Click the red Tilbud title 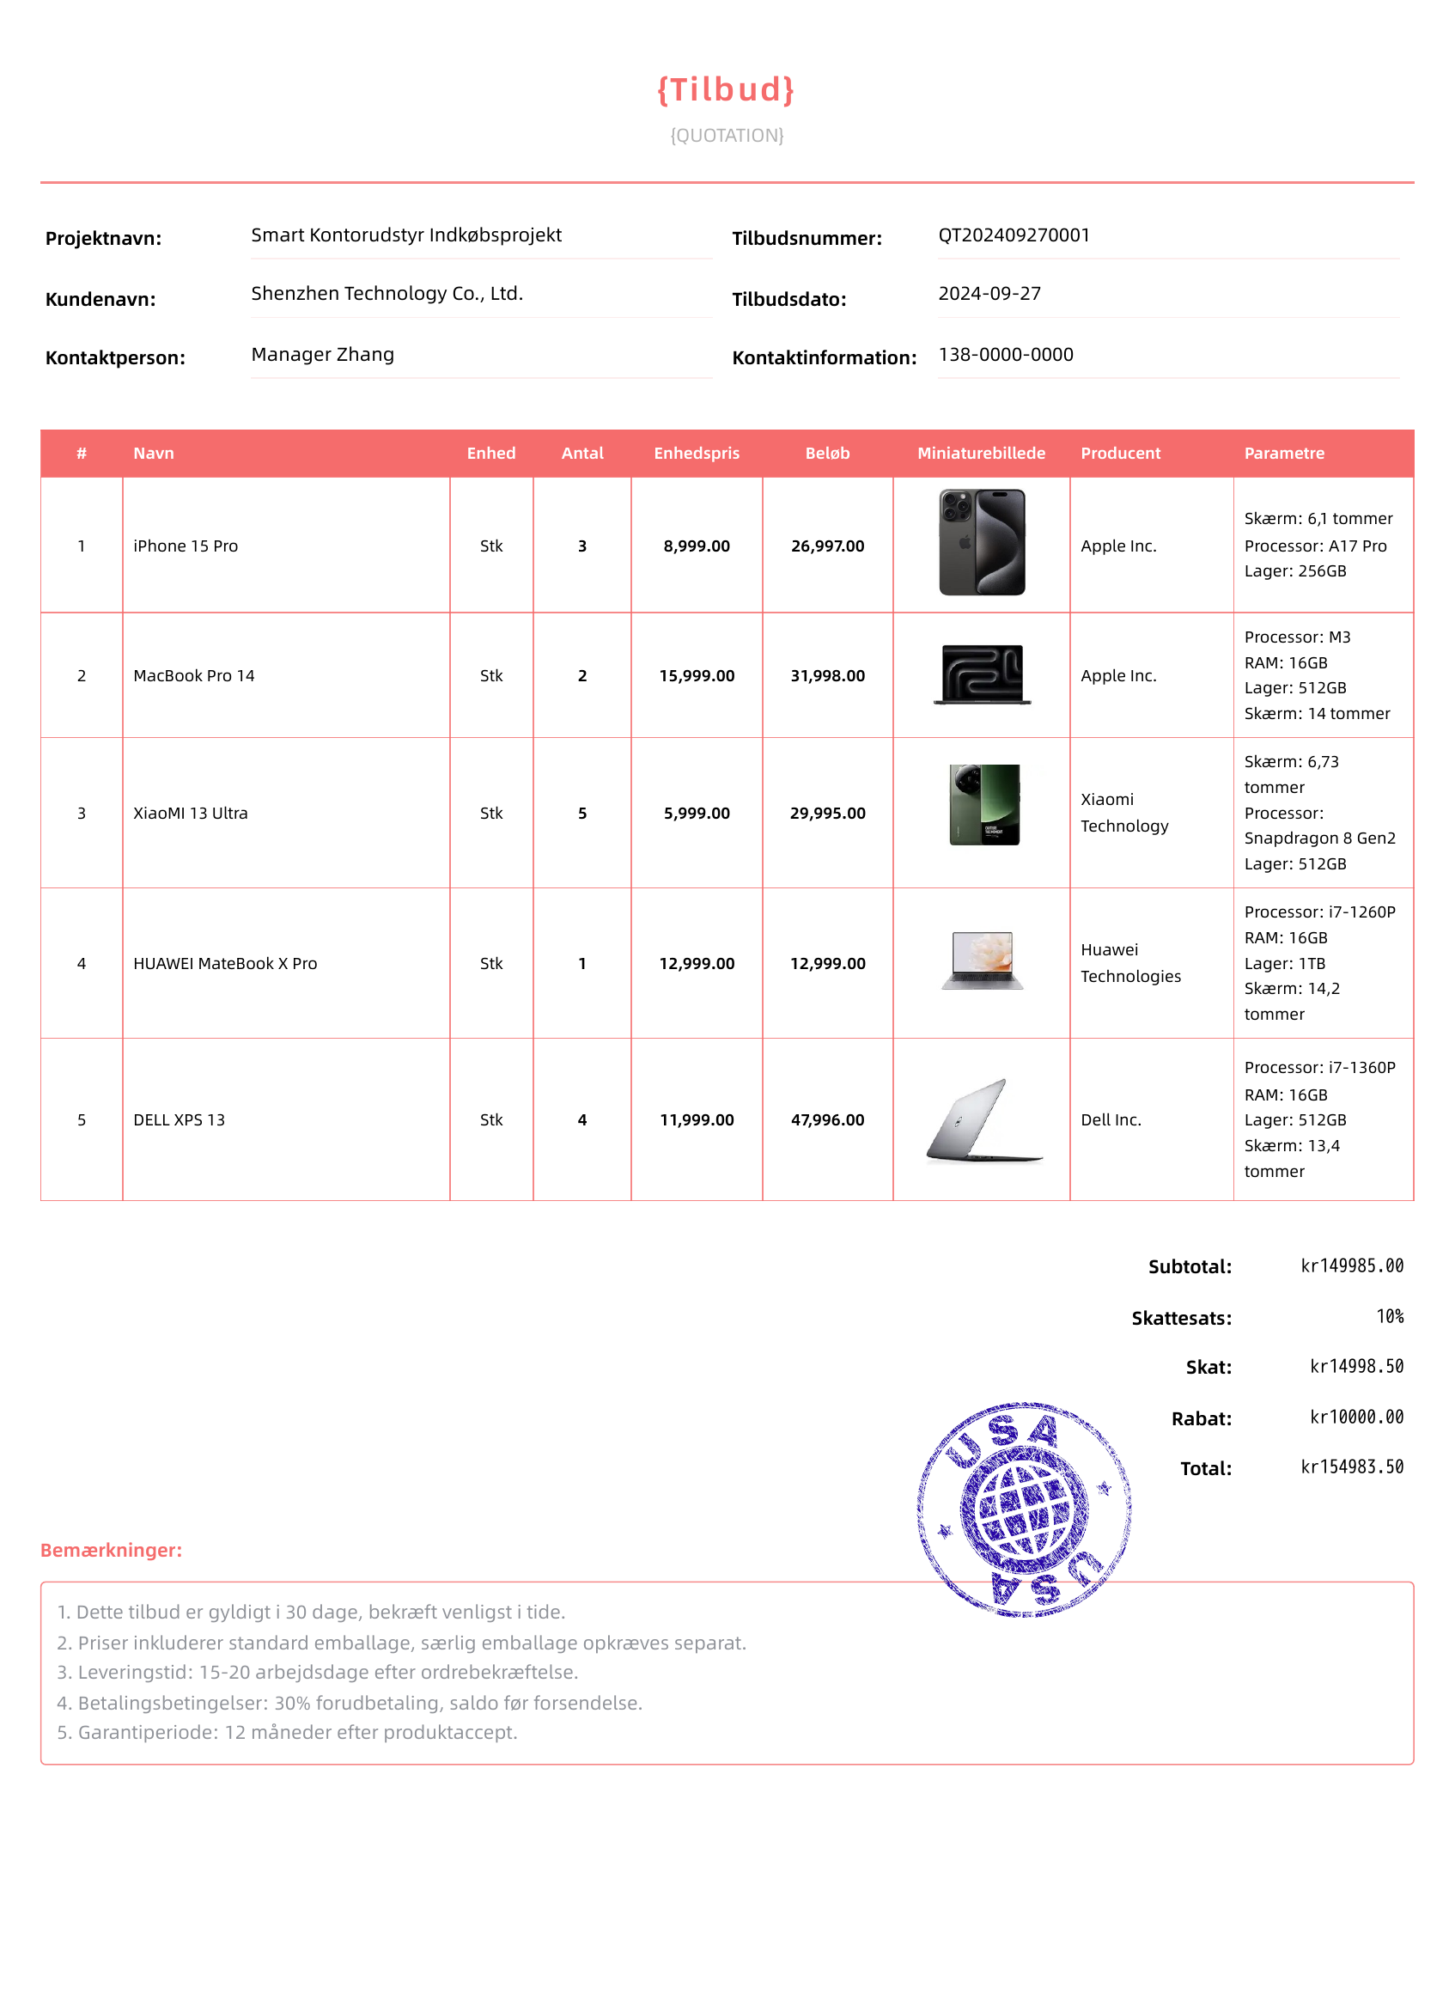tap(726, 90)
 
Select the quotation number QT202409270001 tap(1014, 235)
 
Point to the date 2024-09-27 tap(989, 293)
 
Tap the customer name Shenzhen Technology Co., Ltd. tap(387, 293)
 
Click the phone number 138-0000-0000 tap(1005, 354)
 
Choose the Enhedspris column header tap(696, 453)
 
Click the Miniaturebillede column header tap(980, 453)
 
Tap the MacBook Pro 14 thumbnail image tap(981, 674)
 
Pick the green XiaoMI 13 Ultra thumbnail tap(983, 804)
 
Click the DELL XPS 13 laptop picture tap(983, 1119)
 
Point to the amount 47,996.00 tap(827, 1119)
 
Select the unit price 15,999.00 tap(696, 675)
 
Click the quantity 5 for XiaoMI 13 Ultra tap(582, 813)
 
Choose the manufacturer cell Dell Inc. tap(1110, 1119)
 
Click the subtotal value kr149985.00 tap(1351, 1265)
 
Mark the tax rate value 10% tap(1389, 1316)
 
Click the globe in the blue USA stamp tap(1024, 1509)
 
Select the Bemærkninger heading tap(111, 1549)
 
